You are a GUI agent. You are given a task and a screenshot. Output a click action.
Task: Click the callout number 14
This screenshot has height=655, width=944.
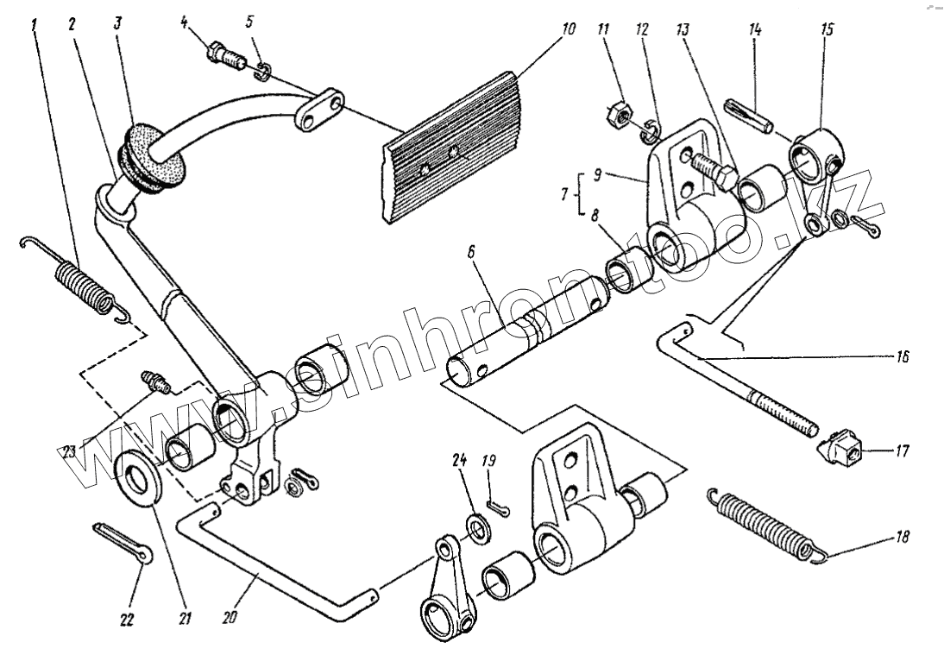tap(756, 30)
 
